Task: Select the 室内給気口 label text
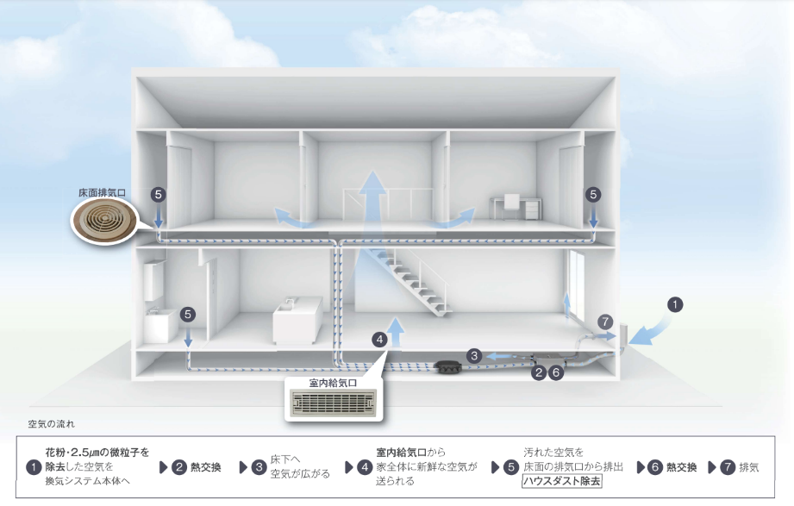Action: pos(331,381)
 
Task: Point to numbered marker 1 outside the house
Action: pos(676,304)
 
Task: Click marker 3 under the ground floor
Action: pos(473,354)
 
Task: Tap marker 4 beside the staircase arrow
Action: pos(379,339)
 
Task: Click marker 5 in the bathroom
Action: pos(189,315)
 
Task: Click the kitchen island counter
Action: pos(297,321)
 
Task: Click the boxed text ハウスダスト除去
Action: pos(562,481)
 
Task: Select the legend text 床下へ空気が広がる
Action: pos(299,467)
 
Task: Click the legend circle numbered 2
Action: pos(179,467)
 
